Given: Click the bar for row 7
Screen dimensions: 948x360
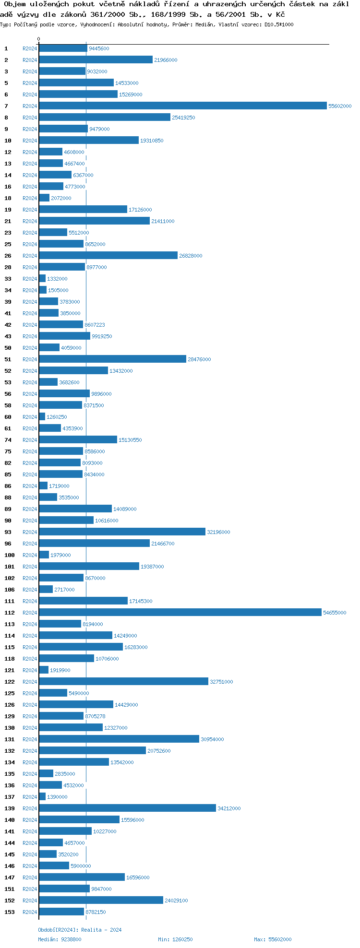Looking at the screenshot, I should [x=182, y=106].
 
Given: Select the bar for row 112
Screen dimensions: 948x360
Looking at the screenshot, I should [x=180, y=613].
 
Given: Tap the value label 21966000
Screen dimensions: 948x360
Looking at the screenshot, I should [x=166, y=60].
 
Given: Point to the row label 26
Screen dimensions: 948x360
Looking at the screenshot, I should [x=8, y=256].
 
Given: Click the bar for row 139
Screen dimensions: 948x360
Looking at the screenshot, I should [x=127, y=808].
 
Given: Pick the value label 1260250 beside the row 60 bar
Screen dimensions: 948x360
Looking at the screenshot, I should [x=57, y=417].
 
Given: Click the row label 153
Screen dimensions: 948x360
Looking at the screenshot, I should [x=10, y=912].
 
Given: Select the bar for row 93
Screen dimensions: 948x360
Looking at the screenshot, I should [x=122, y=532].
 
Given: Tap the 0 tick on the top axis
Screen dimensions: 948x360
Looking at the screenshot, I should [x=39, y=39].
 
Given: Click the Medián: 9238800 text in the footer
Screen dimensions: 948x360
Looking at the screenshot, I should [x=60, y=939].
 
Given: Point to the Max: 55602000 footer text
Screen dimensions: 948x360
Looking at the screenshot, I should [x=273, y=939].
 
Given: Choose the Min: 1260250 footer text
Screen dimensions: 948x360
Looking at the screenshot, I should [x=175, y=939].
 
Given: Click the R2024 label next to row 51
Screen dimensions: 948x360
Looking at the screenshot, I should [x=30, y=359].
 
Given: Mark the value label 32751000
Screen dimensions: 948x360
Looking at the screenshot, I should [x=221, y=682].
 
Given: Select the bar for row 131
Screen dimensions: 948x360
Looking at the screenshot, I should [x=119, y=739].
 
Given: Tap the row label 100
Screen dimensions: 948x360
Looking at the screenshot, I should [x=10, y=555].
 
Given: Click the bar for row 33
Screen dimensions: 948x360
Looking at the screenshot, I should [x=42, y=279].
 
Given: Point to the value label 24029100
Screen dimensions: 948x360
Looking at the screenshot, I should [x=176, y=901].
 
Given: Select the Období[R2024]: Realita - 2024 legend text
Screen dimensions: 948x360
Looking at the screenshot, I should [x=80, y=930].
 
